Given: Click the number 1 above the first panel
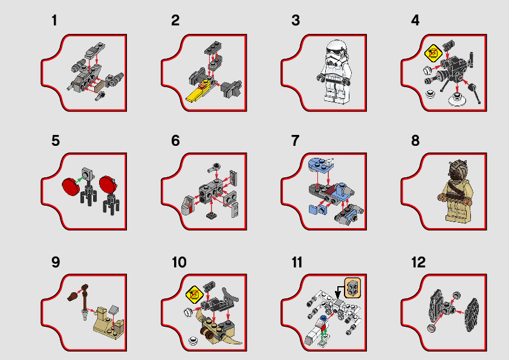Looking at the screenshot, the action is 54,20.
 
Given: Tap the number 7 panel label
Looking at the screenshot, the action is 295,140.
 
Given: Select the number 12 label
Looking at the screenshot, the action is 418,262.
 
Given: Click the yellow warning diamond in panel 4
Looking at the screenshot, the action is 433,53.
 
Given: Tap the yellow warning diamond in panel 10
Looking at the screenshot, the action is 194,295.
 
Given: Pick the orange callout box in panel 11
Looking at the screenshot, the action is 352,287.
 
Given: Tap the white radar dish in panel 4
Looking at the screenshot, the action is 458,99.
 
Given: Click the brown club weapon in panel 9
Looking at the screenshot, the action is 74,296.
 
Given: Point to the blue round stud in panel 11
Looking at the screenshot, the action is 323,318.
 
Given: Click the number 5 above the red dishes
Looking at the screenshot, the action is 56,140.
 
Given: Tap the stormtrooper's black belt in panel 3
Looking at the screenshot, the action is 336,80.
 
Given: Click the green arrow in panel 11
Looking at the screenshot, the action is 322,335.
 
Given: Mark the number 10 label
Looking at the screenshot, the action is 179,262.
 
